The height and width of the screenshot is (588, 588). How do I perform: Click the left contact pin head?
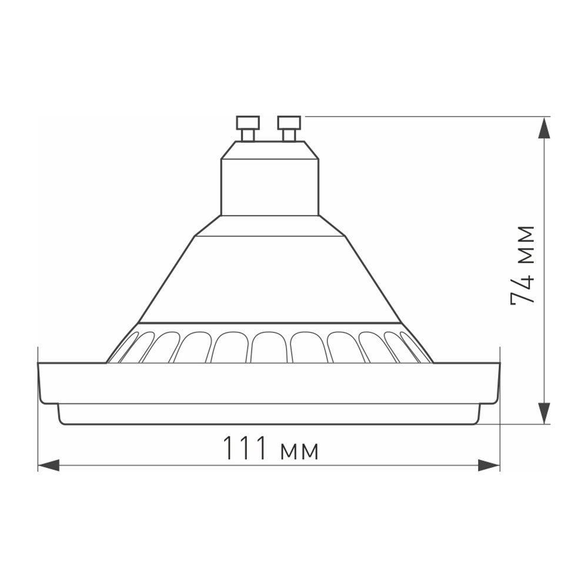pos(248,123)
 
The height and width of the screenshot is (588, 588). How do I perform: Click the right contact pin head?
pos(289,123)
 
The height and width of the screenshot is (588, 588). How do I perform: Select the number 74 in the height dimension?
pos(523,288)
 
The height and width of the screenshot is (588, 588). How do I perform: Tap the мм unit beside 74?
pos(523,243)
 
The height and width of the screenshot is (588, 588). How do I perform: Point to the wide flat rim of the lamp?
pos(269,383)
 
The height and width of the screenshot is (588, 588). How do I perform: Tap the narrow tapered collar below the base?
pos(269,226)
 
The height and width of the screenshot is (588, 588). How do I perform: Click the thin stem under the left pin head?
pos(248,135)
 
